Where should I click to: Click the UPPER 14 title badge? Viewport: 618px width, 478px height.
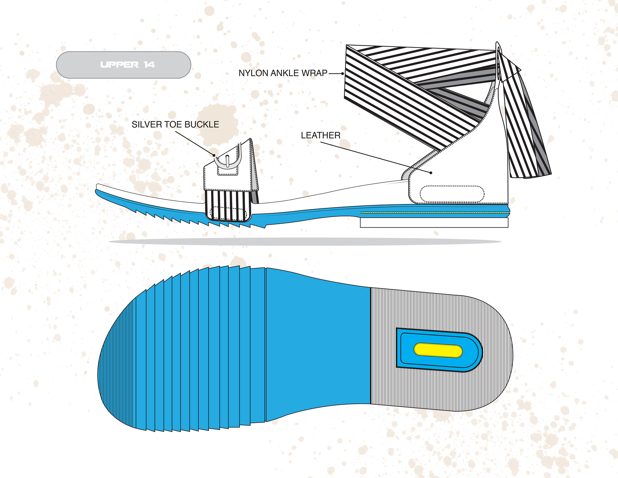click(x=123, y=65)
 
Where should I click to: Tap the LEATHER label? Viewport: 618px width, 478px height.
click(x=321, y=135)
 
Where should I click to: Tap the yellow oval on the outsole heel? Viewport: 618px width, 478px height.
click(x=438, y=350)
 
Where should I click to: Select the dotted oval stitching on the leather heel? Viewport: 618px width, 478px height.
click(x=452, y=194)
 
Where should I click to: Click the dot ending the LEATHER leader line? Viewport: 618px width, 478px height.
click(x=431, y=173)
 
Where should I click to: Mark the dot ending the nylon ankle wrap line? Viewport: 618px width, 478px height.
click(x=342, y=74)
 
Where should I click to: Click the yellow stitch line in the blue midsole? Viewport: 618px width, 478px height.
click(x=435, y=213)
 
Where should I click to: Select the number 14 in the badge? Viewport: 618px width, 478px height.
click(x=149, y=65)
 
